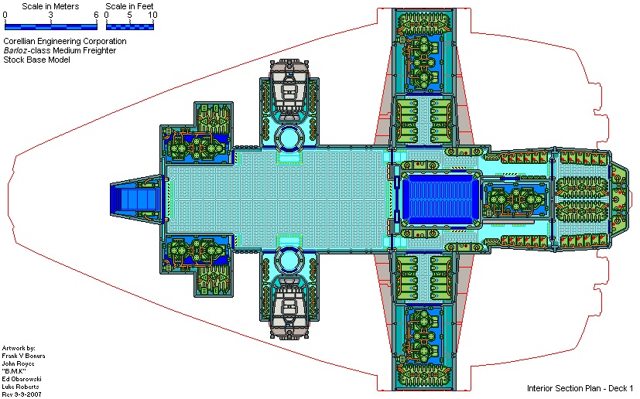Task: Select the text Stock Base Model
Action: point(36,60)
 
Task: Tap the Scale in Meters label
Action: point(51,6)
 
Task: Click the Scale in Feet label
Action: point(129,6)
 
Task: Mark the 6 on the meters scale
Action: point(96,15)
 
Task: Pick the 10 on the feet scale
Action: point(152,15)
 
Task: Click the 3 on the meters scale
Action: point(50,15)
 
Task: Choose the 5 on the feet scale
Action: point(129,15)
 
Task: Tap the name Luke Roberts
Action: point(21,386)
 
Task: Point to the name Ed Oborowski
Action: point(22,378)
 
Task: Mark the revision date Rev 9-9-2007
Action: point(22,394)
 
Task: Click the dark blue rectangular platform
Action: point(438,199)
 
